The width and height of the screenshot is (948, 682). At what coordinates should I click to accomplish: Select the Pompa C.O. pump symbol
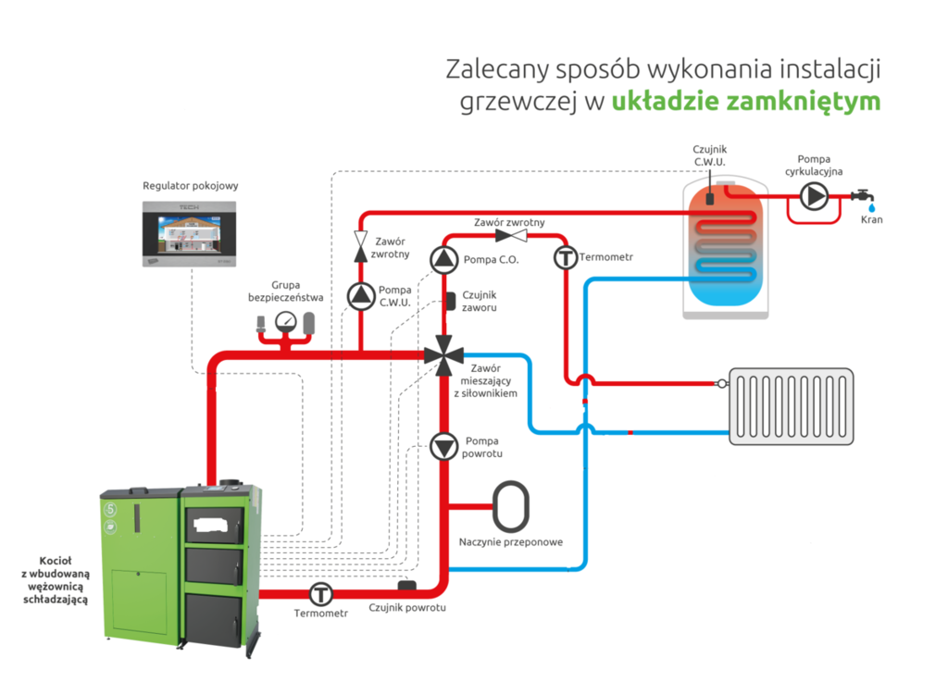pyautogui.click(x=443, y=260)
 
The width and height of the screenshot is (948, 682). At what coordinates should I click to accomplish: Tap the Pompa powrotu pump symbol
pyautogui.click(x=443, y=447)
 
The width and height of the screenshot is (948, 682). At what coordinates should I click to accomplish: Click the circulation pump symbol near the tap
pyautogui.click(x=814, y=196)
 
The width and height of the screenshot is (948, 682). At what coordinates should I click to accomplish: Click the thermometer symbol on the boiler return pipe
pyautogui.click(x=321, y=593)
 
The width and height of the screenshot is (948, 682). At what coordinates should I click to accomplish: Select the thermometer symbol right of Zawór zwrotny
pyautogui.click(x=565, y=257)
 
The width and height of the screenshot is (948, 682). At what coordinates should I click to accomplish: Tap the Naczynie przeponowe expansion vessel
pyautogui.click(x=511, y=506)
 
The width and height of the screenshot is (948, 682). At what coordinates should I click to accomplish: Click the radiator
pyautogui.click(x=791, y=405)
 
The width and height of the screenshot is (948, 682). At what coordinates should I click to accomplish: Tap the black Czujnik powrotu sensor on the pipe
pyautogui.click(x=407, y=585)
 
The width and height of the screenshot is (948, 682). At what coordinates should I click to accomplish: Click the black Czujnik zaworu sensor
pyautogui.click(x=451, y=301)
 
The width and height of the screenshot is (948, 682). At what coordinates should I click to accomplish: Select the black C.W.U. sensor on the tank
pyautogui.click(x=709, y=197)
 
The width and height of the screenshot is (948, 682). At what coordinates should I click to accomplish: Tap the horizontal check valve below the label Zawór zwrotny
pyautogui.click(x=509, y=235)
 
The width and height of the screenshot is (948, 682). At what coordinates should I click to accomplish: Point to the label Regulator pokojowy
pyautogui.click(x=191, y=185)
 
